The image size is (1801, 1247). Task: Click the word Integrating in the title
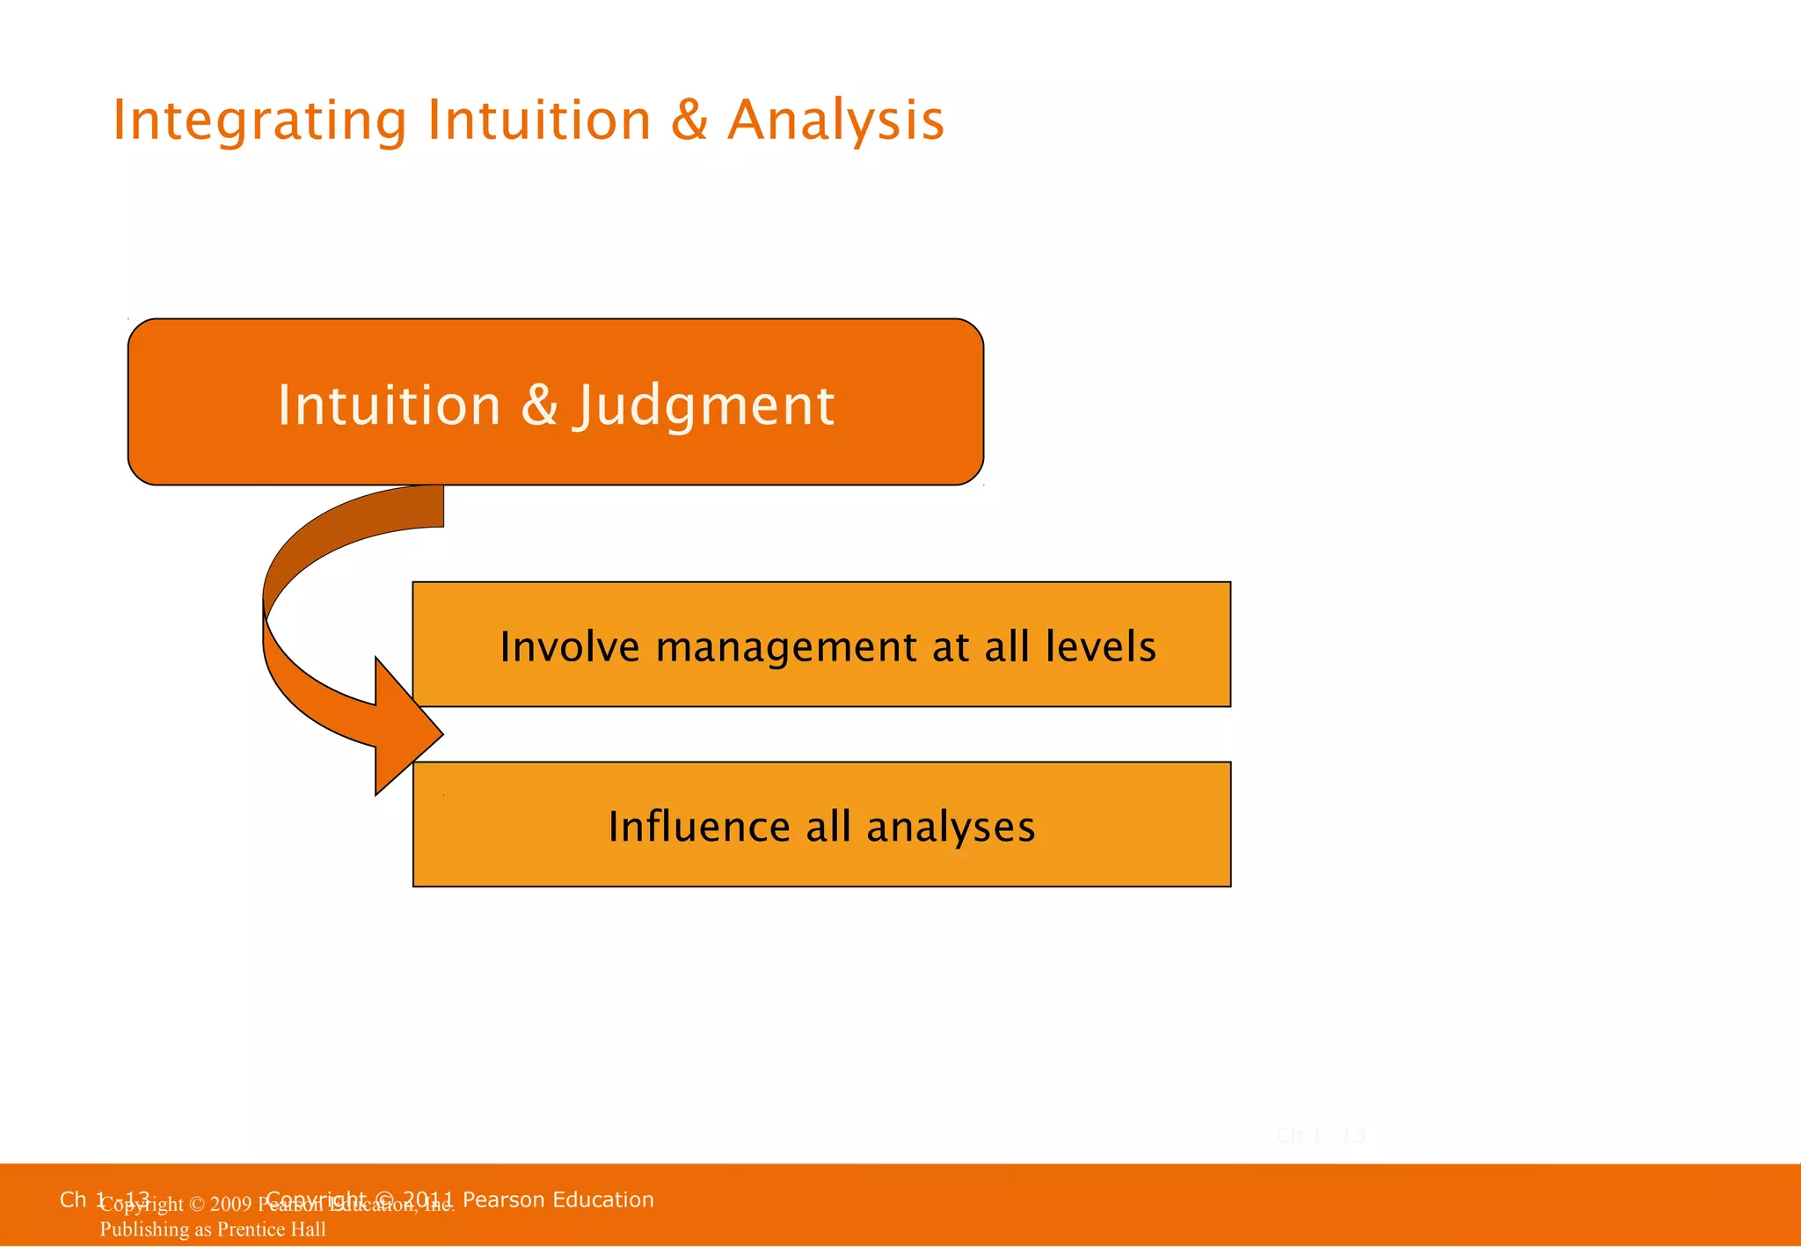tap(259, 121)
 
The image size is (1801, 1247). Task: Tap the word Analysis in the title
tap(835, 121)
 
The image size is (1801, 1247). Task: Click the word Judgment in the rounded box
tap(704, 406)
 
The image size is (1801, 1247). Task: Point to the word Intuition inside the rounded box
tap(389, 405)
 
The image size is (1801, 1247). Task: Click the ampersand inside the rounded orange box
tap(539, 405)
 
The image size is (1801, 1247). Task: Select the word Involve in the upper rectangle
tap(570, 647)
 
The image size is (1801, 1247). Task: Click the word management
tap(786, 647)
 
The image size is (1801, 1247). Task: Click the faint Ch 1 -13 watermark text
tap(1320, 1136)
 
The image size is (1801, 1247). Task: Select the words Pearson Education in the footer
tap(558, 1200)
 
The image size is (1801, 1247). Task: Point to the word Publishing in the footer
tap(142, 1229)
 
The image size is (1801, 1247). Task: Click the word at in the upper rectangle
tap(951, 647)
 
